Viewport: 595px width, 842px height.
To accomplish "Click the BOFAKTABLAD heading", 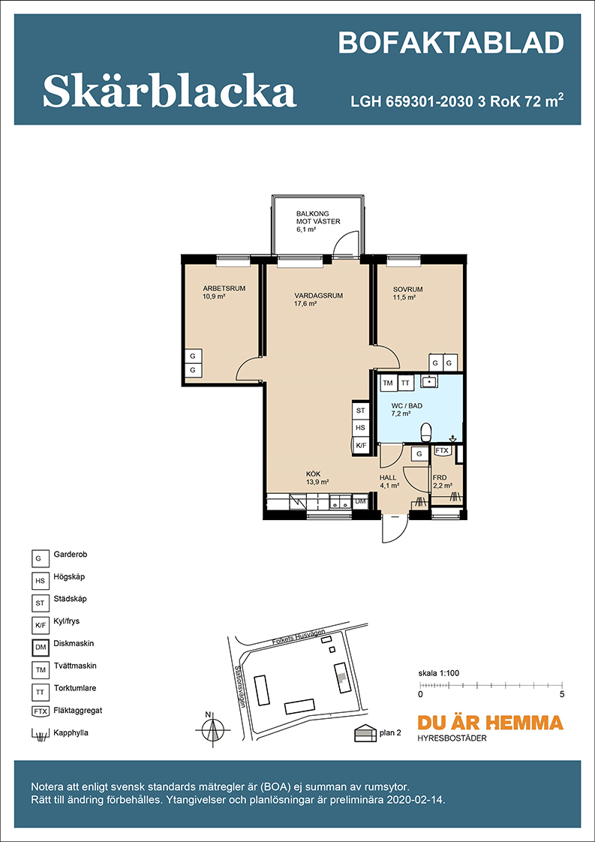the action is click(x=451, y=43).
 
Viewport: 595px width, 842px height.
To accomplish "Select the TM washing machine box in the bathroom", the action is click(x=388, y=383).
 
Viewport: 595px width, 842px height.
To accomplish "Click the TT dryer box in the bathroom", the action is click(x=405, y=383).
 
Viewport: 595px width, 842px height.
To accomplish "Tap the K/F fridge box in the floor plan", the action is click(x=360, y=444).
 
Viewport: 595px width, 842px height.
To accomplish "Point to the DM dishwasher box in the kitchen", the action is click(x=360, y=501).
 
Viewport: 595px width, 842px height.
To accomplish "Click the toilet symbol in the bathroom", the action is click(x=426, y=432).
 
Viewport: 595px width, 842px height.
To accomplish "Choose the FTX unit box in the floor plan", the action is click(x=441, y=450).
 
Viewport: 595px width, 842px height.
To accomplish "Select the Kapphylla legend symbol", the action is click(x=39, y=733).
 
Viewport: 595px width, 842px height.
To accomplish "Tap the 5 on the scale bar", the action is click(x=562, y=694).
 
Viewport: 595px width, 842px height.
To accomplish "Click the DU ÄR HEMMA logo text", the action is click(x=490, y=722).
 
